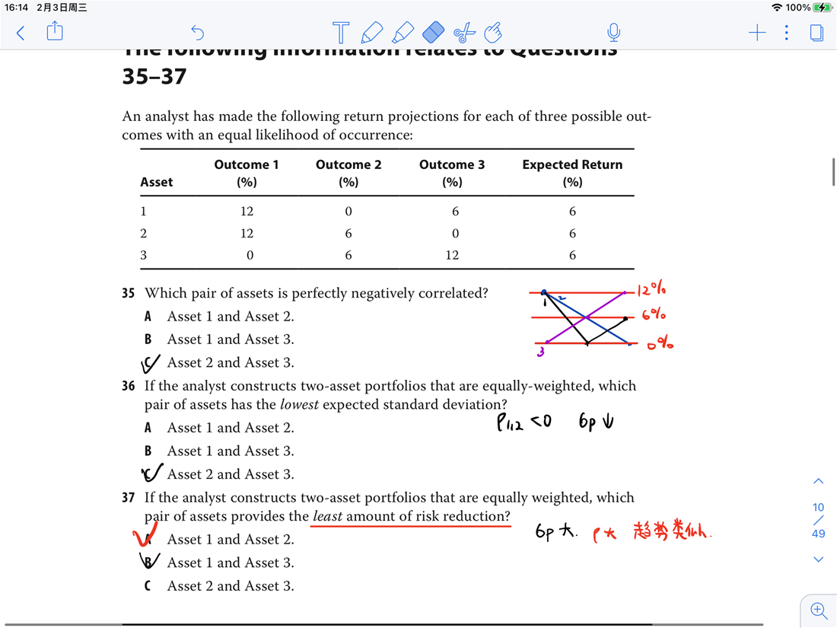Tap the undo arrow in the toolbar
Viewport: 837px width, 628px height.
point(198,32)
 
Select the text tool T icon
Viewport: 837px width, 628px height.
point(341,32)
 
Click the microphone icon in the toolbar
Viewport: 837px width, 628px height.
point(613,32)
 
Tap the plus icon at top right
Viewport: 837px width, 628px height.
point(757,32)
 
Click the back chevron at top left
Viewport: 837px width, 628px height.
point(21,32)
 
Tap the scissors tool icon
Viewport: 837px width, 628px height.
point(464,32)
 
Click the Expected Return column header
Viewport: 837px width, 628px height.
point(572,173)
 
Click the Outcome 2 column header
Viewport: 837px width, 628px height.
point(348,173)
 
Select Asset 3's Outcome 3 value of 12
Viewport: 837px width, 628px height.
point(452,255)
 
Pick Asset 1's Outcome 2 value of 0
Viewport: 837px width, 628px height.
point(348,212)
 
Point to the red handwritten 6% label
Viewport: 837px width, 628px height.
point(654,315)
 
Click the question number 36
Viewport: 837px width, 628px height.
point(129,386)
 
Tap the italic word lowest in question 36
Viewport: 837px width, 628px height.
point(299,405)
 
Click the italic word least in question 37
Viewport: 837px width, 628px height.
point(327,517)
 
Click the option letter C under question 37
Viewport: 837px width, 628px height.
point(148,586)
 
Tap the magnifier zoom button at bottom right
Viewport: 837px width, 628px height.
point(819,610)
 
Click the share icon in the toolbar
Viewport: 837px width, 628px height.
point(55,31)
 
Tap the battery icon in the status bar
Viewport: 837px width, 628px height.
point(823,8)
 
